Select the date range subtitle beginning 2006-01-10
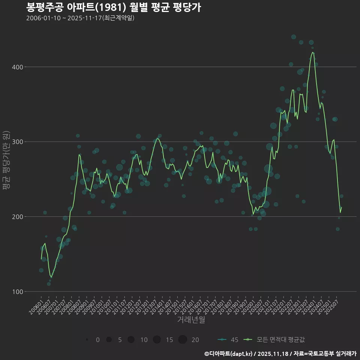click(80, 18)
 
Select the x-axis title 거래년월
click(191, 320)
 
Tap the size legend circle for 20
click(183, 340)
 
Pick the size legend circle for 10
click(131, 340)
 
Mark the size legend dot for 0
click(87, 340)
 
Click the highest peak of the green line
click(312, 52)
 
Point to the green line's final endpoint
click(342, 207)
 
